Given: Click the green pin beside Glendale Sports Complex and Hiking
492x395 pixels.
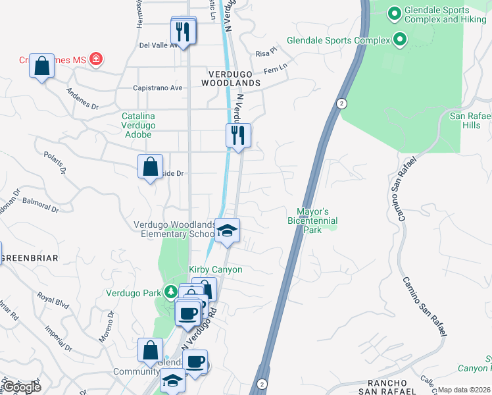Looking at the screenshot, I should (x=395, y=13).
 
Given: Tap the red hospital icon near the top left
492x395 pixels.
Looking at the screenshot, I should (x=96, y=60).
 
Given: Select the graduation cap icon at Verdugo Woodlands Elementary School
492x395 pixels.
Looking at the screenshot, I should (x=228, y=231).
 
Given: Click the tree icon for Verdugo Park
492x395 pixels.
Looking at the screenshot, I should (x=171, y=291).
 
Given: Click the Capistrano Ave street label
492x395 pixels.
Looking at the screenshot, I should (x=158, y=88).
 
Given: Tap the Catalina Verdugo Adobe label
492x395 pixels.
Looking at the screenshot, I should (x=137, y=125).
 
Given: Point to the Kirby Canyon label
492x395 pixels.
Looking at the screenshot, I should (x=216, y=270).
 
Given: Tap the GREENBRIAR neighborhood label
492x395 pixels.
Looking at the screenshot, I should (x=30, y=258).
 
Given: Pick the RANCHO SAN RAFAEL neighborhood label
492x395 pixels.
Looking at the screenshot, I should (x=393, y=387).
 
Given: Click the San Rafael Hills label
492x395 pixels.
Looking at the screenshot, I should (x=470, y=120).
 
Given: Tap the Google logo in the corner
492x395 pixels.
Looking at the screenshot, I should (x=21, y=386).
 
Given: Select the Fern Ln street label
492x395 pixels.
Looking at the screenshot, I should (x=276, y=68).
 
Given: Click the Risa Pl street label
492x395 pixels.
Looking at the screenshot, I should (x=266, y=51).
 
